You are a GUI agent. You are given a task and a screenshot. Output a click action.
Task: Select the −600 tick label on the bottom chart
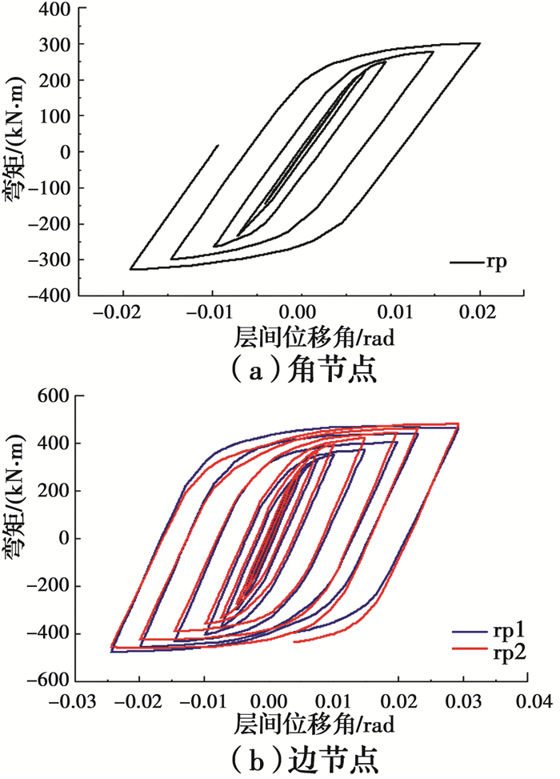47,681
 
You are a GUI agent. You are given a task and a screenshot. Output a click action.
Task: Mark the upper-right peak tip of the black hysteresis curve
479,43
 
